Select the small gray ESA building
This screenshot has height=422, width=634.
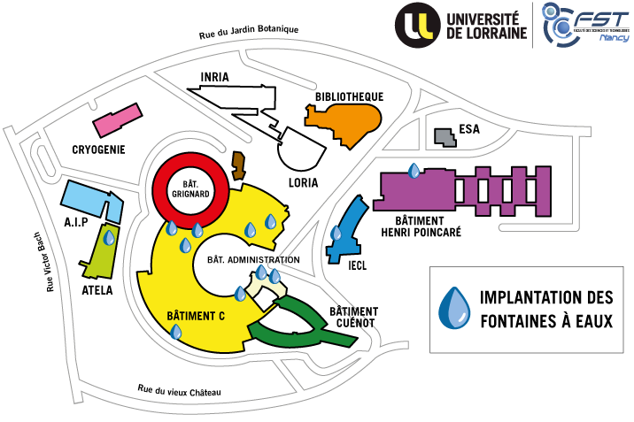(x=444, y=137)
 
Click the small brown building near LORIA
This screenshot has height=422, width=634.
(x=237, y=165)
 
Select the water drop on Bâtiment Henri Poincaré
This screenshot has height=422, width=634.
(x=414, y=170)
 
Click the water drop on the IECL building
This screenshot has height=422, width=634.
(x=336, y=234)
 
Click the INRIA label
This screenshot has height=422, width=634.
(x=215, y=77)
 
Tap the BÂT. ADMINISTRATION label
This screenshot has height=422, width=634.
(x=253, y=260)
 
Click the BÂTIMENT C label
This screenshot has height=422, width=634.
(x=196, y=315)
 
